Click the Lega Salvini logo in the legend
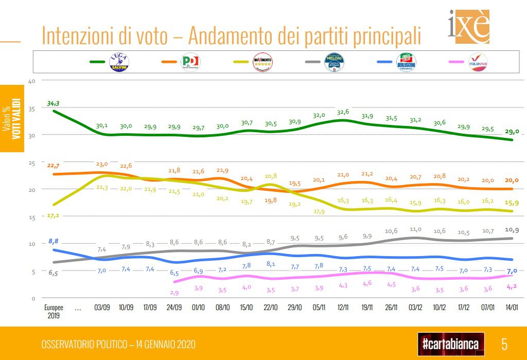click(119, 62)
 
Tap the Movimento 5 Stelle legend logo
click(262, 62)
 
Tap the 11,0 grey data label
click(416, 229)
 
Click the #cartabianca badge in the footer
click(451, 343)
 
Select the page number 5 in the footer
click(505, 343)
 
